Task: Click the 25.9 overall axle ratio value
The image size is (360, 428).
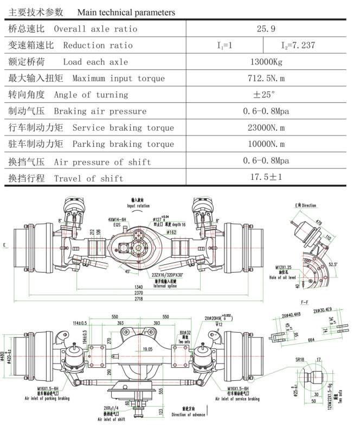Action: [x=266, y=29]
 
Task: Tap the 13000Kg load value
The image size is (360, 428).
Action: [x=266, y=62]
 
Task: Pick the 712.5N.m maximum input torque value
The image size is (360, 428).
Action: [x=266, y=79]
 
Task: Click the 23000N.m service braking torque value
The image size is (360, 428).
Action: [x=266, y=128]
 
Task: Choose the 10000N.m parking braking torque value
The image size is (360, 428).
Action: [x=266, y=144]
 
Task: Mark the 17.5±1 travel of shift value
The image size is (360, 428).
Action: [x=266, y=178]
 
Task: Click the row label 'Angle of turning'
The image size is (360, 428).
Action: [x=91, y=95]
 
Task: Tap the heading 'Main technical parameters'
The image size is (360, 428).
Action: [x=126, y=12]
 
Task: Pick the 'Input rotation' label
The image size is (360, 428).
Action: [x=139, y=206]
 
